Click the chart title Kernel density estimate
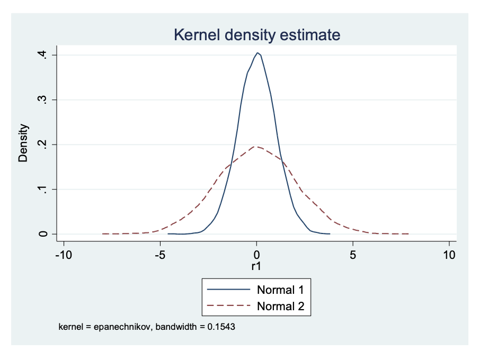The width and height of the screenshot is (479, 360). [x=256, y=35]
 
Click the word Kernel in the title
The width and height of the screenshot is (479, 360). [x=197, y=35]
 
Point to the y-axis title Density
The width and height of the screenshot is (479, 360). [x=23, y=143]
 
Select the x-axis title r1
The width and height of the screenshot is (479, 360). [x=256, y=267]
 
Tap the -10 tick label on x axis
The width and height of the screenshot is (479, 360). [x=64, y=254]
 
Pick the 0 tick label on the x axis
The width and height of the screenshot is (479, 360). [x=256, y=254]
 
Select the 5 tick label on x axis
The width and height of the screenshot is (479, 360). [x=353, y=254]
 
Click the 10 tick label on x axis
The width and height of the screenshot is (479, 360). [x=449, y=254]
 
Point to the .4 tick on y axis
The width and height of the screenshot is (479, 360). [x=46, y=55]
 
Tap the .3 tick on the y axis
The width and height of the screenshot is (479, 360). [x=46, y=100]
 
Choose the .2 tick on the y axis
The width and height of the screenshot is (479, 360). [x=46, y=145]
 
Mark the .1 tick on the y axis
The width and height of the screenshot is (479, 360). [x=46, y=189]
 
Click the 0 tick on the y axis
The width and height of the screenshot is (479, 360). [x=46, y=233]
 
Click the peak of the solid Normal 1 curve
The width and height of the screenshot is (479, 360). [x=258, y=52]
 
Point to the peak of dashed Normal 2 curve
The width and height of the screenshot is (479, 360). [x=255, y=146]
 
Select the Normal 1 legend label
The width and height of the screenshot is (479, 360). [x=283, y=290]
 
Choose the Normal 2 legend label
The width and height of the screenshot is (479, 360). [x=283, y=306]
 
